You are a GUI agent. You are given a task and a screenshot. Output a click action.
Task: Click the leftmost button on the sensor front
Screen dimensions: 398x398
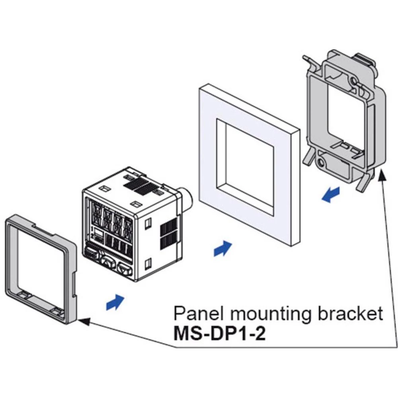(x=90, y=254)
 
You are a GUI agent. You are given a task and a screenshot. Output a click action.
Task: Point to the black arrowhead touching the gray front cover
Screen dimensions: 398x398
(x=82, y=319)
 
